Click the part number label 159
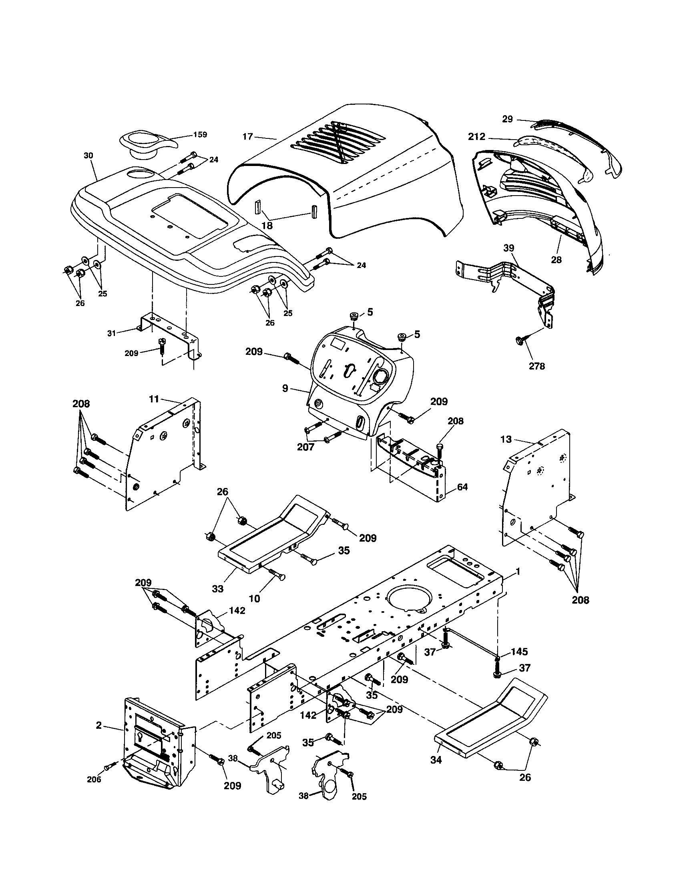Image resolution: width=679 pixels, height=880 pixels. coord(200,134)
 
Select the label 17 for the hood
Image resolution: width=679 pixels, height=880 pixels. coord(247,136)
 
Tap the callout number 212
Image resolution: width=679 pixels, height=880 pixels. coord(476,137)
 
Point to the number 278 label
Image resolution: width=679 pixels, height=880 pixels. coord(536,366)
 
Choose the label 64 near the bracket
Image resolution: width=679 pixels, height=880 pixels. coord(462,487)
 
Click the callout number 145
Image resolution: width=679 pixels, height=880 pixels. coord(520,652)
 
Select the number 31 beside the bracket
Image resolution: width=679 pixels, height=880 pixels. coord(111,333)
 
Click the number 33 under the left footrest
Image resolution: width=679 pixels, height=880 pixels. coord(217,589)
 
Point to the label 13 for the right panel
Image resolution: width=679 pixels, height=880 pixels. coord(506,439)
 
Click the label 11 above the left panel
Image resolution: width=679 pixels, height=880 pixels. coord(154,399)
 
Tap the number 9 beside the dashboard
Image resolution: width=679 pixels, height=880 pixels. coord(285,389)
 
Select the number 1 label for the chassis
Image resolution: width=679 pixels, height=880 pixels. coord(518,571)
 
